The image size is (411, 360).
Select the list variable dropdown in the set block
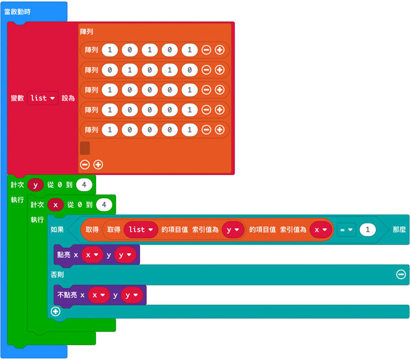[42, 98]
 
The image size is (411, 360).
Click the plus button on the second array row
[220, 70]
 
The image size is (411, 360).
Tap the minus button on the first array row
[206, 50]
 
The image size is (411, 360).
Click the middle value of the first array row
[150, 50]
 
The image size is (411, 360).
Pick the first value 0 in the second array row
[110, 70]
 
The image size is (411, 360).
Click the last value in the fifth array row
[189, 129]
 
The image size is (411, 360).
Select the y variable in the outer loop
[36, 185]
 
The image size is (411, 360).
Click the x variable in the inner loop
[55, 205]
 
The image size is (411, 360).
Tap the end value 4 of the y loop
[84, 185]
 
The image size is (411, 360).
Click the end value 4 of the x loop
[104, 205]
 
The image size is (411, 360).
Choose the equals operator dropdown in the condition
[347, 229]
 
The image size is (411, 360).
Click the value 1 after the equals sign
[367, 229]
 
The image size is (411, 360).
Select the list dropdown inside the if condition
[140, 229]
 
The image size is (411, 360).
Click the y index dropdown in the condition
[232, 229]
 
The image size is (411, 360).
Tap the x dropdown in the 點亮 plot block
[92, 255]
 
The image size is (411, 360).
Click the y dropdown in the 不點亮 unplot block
[131, 295]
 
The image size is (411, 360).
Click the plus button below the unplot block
[55, 311]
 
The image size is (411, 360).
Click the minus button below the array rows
[85, 165]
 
